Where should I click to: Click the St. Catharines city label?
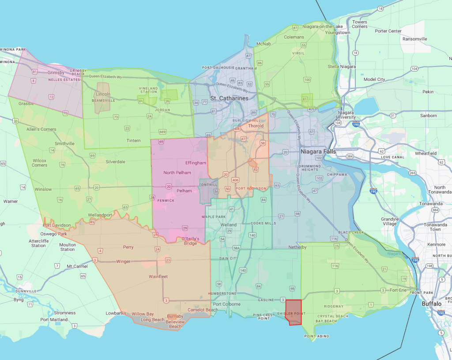click(229, 98)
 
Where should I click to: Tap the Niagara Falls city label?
click(318, 152)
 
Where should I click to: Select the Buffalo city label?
click(431, 304)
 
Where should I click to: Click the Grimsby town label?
click(56, 73)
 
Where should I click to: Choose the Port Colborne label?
click(226, 304)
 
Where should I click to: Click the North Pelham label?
click(177, 172)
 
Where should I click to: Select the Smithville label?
click(64, 144)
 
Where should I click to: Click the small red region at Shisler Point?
click(294, 312)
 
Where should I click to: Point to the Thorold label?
click(256, 126)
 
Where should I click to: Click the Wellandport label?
click(100, 215)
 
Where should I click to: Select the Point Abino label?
click(315, 336)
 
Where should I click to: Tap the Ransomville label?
click(415, 39)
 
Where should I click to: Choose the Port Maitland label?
click(54, 320)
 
